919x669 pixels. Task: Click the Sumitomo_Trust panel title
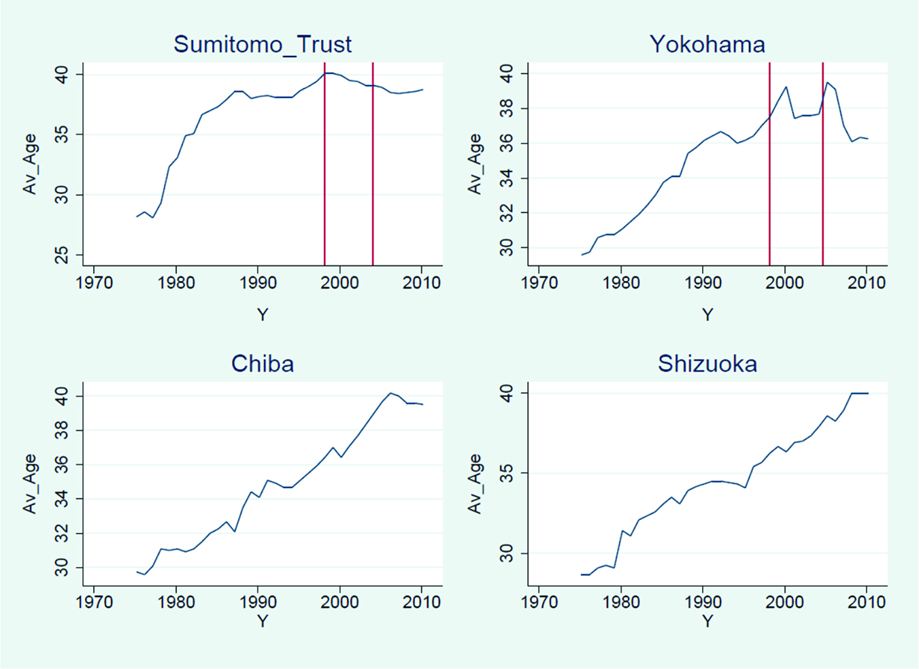(263, 44)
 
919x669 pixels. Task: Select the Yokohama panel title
(707, 44)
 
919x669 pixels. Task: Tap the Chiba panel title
(263, 363)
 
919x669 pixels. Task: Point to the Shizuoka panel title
(707, 363)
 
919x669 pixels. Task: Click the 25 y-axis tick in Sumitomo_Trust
(63, 256)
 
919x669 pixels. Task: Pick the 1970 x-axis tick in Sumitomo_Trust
(94, 282)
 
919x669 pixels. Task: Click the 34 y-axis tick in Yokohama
(507, 178)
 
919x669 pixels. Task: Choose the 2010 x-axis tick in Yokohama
(866, 282)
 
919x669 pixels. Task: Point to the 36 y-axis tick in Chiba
(63, 465)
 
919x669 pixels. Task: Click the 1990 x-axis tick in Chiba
(258, 602)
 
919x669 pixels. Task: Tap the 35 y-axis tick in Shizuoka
(507, 473)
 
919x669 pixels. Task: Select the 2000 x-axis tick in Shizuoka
(784, 602)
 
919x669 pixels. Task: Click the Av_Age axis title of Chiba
(30, 483)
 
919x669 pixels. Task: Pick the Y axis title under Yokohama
(707, 314)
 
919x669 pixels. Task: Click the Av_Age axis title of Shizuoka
(475, 483)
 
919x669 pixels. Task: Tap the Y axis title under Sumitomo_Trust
(263, 314)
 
